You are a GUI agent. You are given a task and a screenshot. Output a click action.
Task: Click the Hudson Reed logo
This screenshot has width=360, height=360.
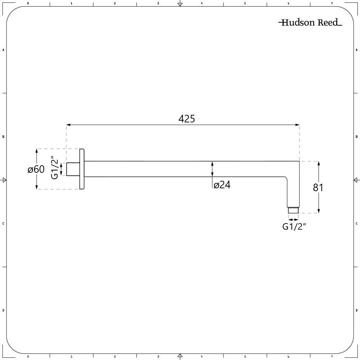pyautogui.click(x=310, y=23)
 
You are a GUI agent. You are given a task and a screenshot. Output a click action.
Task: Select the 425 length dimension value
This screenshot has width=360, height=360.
pyautogui.click(x=186, y=119)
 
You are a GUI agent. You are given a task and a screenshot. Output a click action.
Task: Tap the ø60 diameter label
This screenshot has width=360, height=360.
pyautogui.click(x=36, y=169)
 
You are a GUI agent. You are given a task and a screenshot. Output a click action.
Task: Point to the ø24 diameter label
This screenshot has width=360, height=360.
pyautogui.click(x=222, y=185)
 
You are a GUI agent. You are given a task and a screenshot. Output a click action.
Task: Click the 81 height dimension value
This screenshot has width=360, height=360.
pyautogui.click(x=318, y=188)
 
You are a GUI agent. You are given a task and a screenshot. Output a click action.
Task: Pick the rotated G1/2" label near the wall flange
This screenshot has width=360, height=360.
pyautogui.click(x=54, y=168)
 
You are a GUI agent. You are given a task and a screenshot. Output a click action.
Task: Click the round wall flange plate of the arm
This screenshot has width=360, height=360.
pyautogui.click(x=82, y=169)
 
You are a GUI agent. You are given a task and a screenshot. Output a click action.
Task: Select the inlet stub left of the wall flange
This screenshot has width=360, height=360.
pyautogui.click(x=72, y=169)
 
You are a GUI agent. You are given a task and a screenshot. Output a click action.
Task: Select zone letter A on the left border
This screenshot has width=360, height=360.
pyautogui.click(x=3, y=50)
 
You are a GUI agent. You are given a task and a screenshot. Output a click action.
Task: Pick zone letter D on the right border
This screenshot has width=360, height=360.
pyautogui.click(x=356, y=310)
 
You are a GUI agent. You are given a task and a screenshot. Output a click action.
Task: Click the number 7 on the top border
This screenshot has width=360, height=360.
pyautogui.click(x=332, y=3)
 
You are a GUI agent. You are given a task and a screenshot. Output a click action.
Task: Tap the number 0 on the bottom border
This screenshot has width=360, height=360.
pyautogui.click(x=28, y=356)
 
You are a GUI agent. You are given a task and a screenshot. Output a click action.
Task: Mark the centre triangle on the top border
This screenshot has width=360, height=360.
pyautogui.click(x=180, y=4)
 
